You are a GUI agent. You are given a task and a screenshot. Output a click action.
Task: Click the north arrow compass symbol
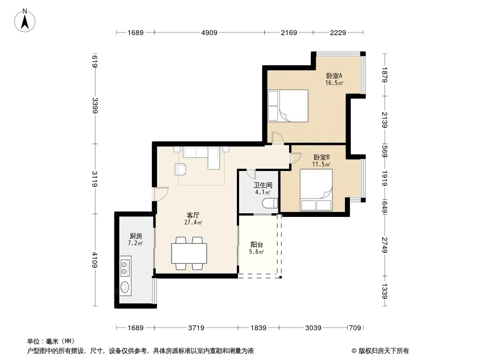tap(25, 21)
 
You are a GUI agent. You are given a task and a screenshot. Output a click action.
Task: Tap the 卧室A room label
tap(334, 76)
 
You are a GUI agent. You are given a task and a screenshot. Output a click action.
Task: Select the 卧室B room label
tap(322, 157)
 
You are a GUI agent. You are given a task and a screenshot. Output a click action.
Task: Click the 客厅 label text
tap(193, 216)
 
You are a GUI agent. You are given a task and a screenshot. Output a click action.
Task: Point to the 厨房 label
tap(136, 236)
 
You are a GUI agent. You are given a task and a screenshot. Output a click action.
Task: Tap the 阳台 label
tap(257, 245)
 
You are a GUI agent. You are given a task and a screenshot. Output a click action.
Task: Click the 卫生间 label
tap(263, 185)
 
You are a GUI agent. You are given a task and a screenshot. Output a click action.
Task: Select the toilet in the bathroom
tap(270, 203)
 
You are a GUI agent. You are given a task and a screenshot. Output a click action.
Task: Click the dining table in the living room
tap(189, 253)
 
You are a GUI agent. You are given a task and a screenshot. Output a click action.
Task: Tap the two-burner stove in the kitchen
tap(126, 268)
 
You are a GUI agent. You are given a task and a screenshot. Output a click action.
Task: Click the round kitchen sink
tap(125, 287)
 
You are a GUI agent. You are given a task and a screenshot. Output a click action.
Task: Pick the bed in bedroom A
tap(288, 106)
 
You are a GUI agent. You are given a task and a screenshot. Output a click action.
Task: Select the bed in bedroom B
tap(316, 190)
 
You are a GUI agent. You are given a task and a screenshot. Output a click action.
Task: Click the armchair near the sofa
tap(180, 169)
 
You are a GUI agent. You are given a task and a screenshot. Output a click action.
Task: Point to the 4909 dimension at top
tap(209, 32)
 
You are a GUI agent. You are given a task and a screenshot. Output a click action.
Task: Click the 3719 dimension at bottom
tap(196, 328)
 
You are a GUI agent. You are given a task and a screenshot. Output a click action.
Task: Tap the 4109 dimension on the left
tap(95, 260)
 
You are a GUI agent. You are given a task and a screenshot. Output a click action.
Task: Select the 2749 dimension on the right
tap(385, 245)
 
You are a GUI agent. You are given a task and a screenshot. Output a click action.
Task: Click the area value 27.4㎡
tap(193, 223)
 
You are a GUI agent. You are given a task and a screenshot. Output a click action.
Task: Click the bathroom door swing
tap(251, 174)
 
